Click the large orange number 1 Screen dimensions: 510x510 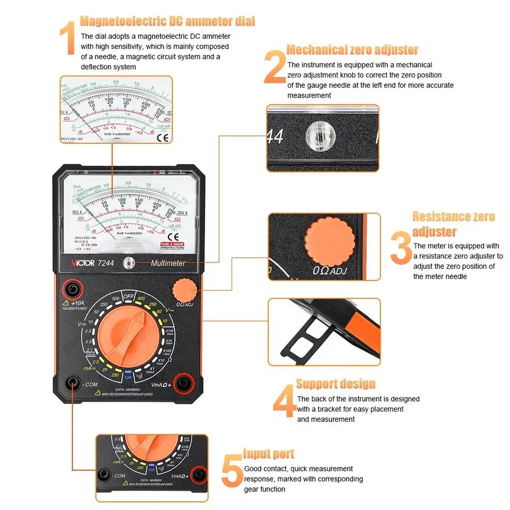(67, 38)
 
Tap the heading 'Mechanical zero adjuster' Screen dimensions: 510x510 (352, 50)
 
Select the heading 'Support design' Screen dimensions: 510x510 (336, 384)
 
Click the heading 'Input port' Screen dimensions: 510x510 (269, 454)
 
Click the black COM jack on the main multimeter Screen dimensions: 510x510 (71, 384)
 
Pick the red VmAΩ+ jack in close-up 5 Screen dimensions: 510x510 (199, 473)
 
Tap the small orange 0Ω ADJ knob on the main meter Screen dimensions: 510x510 (184, 291)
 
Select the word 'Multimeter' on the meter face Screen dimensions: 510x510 (168, 263)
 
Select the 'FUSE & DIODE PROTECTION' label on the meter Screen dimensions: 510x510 (173, 246)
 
